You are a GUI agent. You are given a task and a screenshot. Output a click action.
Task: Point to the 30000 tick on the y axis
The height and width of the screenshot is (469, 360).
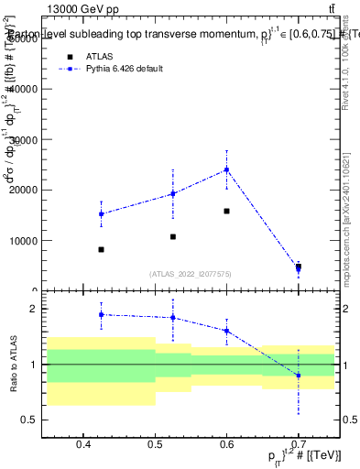click(21, 139)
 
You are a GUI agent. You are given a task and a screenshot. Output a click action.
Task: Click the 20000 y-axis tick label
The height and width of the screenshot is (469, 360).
click(21, 190)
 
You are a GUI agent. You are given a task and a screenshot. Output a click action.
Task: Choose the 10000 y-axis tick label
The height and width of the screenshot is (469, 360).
click(21, 241)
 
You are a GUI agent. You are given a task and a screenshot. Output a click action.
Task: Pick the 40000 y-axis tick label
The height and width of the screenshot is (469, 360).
click(21, 89)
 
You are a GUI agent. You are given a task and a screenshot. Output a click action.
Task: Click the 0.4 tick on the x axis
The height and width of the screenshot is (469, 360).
click(83, 444)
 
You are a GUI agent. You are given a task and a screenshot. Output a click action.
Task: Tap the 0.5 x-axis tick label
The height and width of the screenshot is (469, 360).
click(155, 444)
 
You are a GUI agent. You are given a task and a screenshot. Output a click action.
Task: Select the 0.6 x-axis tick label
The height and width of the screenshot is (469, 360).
click(226, 444)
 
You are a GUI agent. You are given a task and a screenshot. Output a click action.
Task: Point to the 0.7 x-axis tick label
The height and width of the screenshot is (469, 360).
click(298, 444)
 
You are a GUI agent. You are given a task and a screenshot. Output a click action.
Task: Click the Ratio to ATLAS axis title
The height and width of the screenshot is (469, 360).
click(12, 365)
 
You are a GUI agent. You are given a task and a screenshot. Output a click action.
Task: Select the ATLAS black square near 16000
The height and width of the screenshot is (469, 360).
click(226, 211)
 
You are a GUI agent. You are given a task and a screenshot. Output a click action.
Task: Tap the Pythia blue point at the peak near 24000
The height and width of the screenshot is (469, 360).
click(226, 169)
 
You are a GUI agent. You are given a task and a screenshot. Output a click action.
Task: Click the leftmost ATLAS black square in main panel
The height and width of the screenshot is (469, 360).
click(101, 249)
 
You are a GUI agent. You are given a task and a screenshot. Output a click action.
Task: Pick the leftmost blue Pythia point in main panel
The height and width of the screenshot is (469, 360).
click(101, 213)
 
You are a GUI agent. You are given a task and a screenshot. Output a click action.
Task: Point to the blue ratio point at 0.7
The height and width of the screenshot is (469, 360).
click(298, 376)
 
